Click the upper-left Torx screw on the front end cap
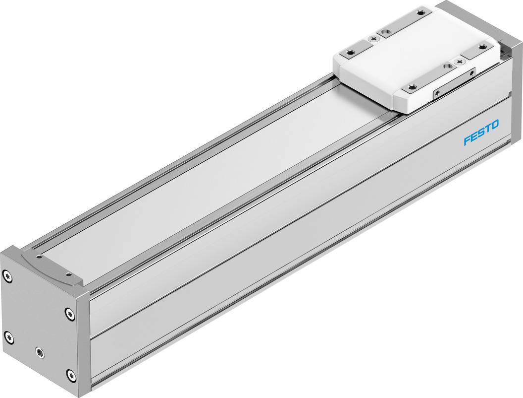coord(6,274)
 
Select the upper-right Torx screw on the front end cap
coord(68,313)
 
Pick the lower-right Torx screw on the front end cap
coord(71,375)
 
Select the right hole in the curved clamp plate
coord(66,273)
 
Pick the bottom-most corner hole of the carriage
coord(411,88)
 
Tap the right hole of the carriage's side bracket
coord(472,72)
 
